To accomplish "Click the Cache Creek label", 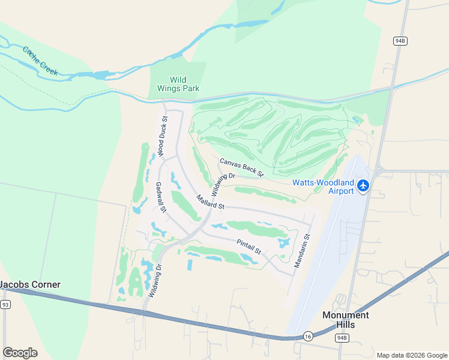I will click(40, 61).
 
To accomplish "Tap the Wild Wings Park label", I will click(177, 84).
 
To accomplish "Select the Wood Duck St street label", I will click(161, 135).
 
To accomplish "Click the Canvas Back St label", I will click(241, 167).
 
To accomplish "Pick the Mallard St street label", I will click(209, 202).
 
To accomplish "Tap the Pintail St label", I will click(249, 247).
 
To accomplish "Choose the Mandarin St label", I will click(301, 251).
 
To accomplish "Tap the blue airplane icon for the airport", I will click(363, 186).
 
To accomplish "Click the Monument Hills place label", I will click(346, 320).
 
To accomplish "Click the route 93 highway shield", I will click(5, 305).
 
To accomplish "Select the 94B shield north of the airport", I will click(400, 41).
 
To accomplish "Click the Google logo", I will click(20, 353).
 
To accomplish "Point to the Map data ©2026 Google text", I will click(411, 355).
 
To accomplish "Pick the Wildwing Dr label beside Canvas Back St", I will click(222, 184).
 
